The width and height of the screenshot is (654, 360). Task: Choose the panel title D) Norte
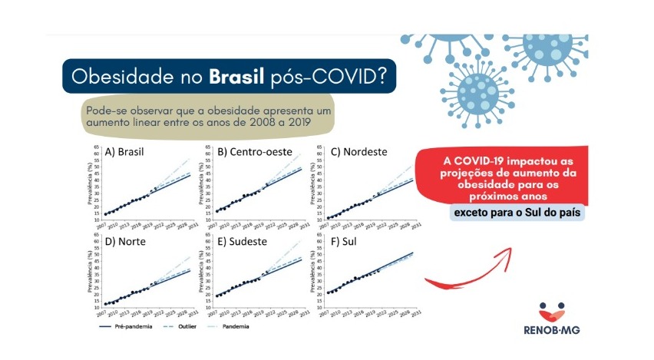(x=125, y=241)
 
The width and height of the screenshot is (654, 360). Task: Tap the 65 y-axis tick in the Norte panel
(x=96, y=235)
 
